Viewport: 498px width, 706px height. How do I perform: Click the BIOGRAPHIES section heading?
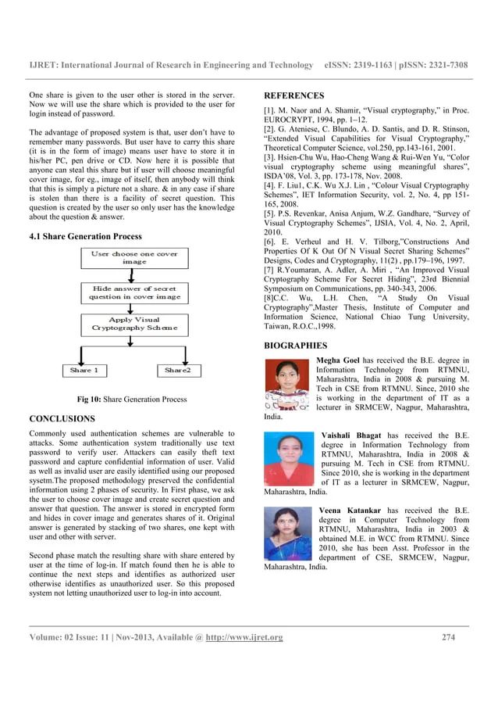click(x=296, y=345)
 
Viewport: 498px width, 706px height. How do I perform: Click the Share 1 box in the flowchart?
click(x=84, y=370)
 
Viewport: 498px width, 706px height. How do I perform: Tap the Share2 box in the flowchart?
click(x=178, y=370)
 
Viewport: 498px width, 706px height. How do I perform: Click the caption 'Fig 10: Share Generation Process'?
click(x=131, y=400)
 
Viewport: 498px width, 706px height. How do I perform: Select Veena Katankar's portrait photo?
click(x=288, y=533)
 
